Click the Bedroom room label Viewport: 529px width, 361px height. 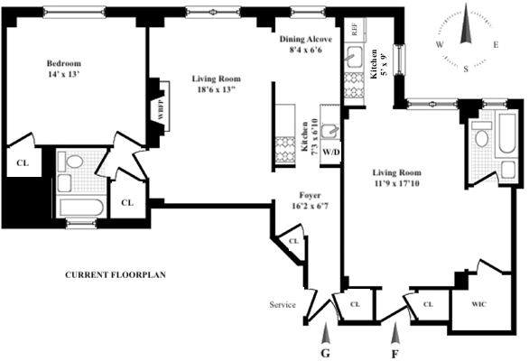(64, 63)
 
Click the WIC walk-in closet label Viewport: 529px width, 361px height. (480, 305)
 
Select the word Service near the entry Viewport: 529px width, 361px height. (283, 305)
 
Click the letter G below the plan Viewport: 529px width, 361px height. (326, 353)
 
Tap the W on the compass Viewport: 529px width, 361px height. (439, 43)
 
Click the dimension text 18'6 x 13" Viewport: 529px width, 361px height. (216, 91)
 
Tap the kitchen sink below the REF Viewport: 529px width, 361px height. (354, 60)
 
